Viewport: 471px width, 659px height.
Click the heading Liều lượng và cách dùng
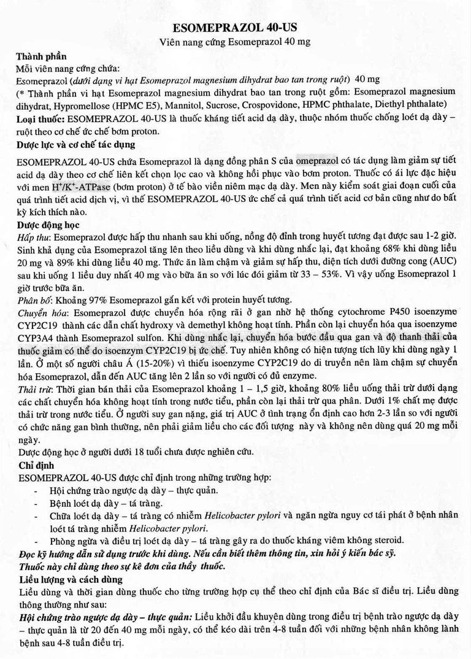(71, 579)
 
